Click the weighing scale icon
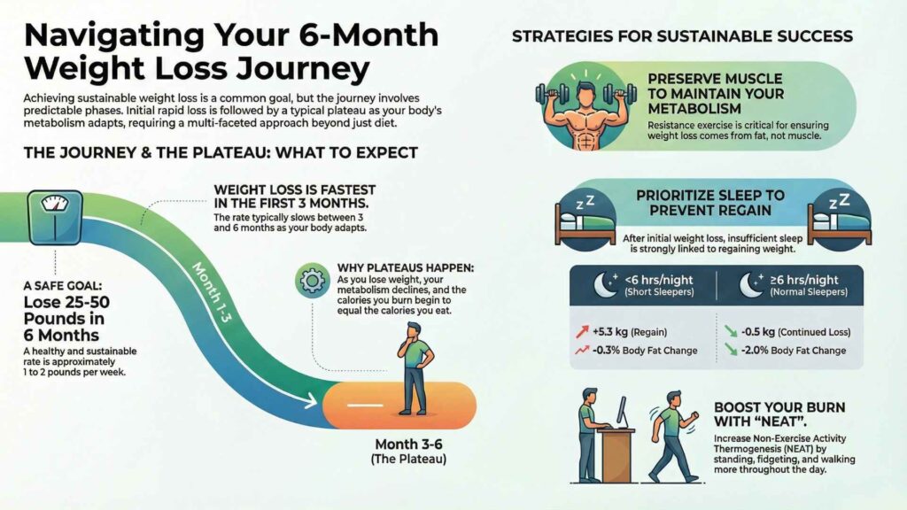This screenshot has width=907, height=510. [x=55, y=218]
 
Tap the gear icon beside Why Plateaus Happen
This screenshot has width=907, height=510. [x=313, y=281]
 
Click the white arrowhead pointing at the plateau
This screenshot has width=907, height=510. [x=310, y=401]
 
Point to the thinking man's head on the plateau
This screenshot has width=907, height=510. [x=414, y=332]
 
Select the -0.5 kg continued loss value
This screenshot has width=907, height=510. [x=758, y=332]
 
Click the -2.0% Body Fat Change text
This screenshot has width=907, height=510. [x=793, y=351]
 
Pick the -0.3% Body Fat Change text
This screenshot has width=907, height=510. [x=645, y=351]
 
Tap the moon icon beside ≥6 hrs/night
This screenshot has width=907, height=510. [x=751, y=284]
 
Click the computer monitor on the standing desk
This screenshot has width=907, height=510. [x=621, y=411]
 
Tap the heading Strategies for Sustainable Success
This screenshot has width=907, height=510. [x=682, y=36]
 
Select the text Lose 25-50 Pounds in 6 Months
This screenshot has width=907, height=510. [x=66, y=319]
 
